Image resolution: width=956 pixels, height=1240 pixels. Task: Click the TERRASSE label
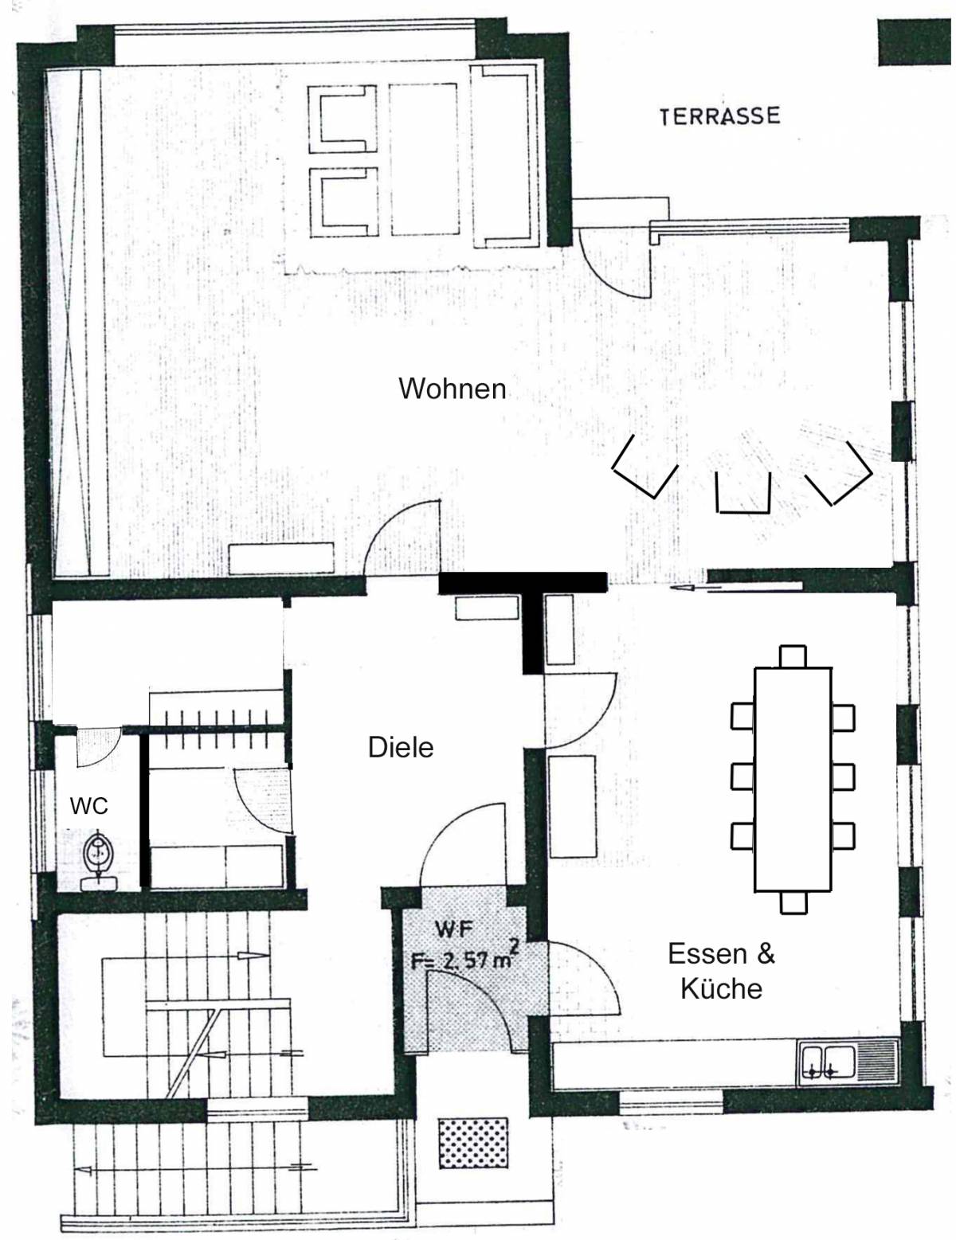point(719,115)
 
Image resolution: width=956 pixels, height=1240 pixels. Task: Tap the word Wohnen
point(452,389)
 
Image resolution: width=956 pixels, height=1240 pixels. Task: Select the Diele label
point(401,747)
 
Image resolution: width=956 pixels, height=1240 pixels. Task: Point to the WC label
point(89,806)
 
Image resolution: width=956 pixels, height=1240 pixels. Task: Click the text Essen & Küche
point(722,972)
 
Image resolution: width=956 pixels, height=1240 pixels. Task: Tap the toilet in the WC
point(98,862)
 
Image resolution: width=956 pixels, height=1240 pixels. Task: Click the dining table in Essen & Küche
point(793,779)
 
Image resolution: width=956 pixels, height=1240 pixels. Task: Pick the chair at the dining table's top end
point(793,657)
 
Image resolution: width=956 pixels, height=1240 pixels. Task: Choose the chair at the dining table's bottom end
point(793,902)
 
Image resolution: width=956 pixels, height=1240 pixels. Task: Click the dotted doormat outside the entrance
point(472,1143)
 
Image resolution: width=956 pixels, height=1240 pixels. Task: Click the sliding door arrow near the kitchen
point(736,587)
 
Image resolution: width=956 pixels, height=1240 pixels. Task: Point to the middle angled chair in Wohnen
point(743,494)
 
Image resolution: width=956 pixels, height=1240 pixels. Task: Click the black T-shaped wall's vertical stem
point(533,633)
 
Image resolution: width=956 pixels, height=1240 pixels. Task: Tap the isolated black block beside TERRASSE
point(915,42)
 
